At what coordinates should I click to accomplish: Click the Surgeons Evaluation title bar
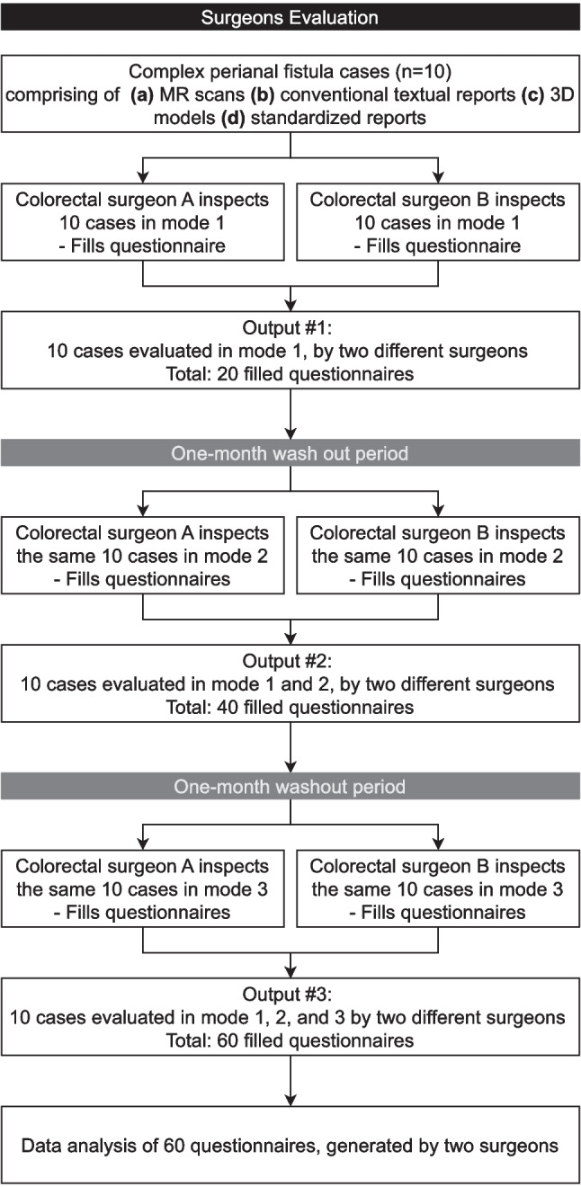click(x=290, y=16)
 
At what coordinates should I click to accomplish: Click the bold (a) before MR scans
click(x=142, y=94)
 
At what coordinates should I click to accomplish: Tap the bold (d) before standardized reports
click(x=233, y=117)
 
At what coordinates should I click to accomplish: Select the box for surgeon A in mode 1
click(x=143, y=222)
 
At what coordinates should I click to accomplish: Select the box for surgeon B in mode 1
click(x=438, y=222)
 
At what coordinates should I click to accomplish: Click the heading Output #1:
click(x=287, y=327)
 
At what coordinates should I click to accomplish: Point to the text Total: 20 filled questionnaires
click(x=290, y=373)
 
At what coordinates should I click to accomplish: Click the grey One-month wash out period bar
click(x=290, y=453)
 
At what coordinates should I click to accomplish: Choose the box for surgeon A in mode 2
click(x=143, y=556)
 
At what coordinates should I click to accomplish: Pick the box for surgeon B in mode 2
click(x=438, y=556)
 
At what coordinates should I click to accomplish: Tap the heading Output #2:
click(x=287, y=661)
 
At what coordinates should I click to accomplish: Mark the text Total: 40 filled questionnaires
click(x=290, y=707)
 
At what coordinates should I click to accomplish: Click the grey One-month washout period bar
click(x=290, y=787)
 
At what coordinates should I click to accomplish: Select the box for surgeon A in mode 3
click(x=143, y=888)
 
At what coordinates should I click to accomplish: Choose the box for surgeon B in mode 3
click(x=438, y=888)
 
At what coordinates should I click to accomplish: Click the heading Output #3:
click(x=287, y=995)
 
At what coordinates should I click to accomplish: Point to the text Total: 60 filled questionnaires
click(x=290, y=1040)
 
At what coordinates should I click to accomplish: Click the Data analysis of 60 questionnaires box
click(x=290, y=1145)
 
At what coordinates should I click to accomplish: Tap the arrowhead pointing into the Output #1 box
click(x=290, y=305)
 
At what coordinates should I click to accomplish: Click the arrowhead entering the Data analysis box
click(x=290, y=1100)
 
